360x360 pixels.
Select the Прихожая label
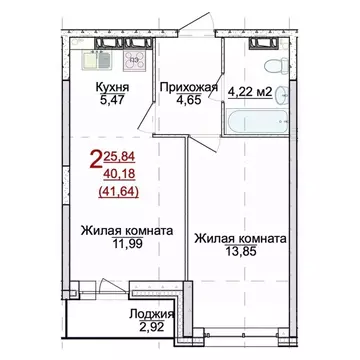[187, 87]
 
